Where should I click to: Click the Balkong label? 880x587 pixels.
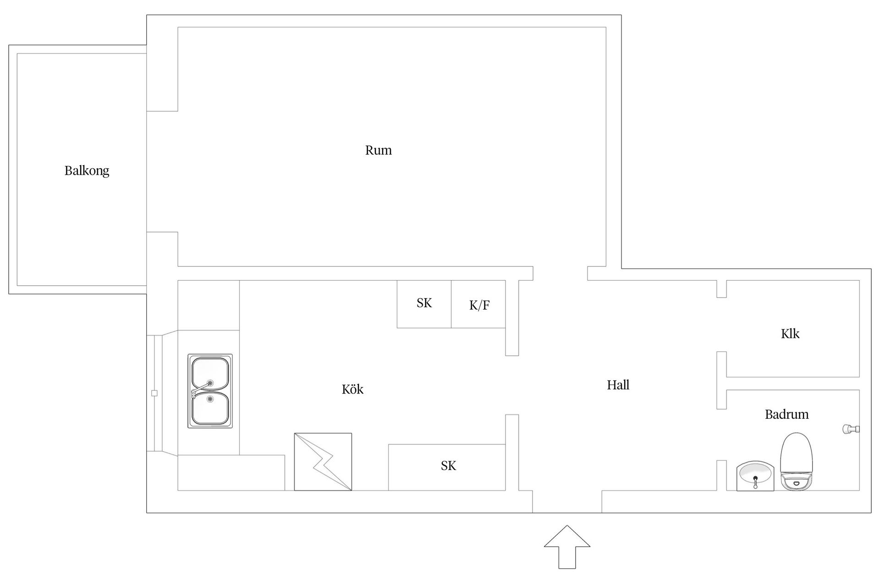click(87, 171)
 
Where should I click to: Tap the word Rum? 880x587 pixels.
click(379, 150)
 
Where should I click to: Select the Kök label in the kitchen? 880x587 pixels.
click(352, 389)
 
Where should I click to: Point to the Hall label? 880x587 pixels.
click(618, 385)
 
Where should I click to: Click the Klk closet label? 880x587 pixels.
click(790, 333)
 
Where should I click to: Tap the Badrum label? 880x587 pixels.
click(786, 415)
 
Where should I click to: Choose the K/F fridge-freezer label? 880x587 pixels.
click(479, 305)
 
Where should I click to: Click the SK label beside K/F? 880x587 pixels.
click(424, 303)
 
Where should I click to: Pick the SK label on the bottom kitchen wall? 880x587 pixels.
click(448, 466)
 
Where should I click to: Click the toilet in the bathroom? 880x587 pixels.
click(797, 462)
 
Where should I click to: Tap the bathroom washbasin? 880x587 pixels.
click(755, 476)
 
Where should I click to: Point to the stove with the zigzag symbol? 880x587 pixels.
click(323, 462)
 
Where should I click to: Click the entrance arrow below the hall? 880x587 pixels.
click(567, 547)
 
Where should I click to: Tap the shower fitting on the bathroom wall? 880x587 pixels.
click(851, 429)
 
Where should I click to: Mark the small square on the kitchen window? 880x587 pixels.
click(154, 393)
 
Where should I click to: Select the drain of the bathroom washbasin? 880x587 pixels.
click(755, 478)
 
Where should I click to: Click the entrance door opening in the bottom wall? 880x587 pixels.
click(567, 502)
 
